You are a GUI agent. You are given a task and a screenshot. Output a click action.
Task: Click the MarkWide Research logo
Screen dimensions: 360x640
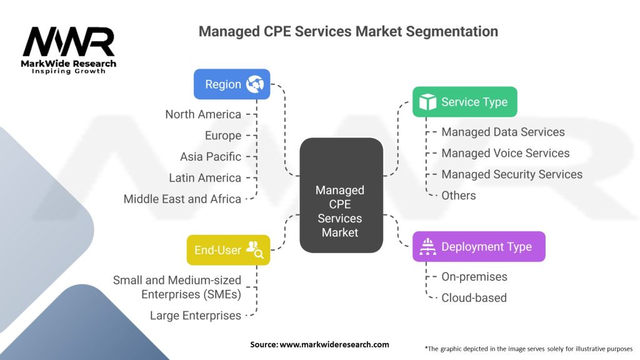[69, 49]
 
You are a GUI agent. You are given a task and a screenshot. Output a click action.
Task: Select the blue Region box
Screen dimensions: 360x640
[232, 84]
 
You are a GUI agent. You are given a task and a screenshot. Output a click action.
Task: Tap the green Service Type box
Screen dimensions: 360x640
[464, 102]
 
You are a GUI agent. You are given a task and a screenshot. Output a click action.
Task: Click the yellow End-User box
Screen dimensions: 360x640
[228, 250]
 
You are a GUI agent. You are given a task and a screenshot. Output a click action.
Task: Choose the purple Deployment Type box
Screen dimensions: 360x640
[478, 246]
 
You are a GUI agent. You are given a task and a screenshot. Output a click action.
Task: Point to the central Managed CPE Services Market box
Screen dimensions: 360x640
[341, 196]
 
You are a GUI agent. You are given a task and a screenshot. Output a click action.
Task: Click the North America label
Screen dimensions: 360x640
[203, 114]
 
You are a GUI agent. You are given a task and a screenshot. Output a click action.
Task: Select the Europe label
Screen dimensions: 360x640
[223, 136]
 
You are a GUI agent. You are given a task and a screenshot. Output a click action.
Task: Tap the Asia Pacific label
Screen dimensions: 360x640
[211, 157]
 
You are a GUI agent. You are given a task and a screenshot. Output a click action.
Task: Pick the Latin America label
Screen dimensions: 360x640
[205, 178]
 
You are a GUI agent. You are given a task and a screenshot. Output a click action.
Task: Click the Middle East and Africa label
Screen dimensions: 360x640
[182, 199]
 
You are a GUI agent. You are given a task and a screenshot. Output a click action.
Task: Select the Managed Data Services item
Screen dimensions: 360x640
[502, 132]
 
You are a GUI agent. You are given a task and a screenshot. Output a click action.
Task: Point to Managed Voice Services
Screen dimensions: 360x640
[505, 153]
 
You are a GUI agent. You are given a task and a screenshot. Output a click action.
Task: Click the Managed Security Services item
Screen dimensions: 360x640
[512, 174]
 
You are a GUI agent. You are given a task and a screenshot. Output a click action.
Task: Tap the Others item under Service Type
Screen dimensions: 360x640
[458, 196]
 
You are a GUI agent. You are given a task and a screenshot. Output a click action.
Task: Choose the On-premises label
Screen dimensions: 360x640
[474, 276]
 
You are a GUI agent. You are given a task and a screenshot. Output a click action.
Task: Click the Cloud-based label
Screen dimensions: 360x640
[474, 297]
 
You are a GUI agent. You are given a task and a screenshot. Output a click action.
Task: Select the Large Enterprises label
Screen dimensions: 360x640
[196, 316]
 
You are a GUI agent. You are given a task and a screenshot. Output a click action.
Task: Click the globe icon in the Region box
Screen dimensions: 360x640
[255, 84]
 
